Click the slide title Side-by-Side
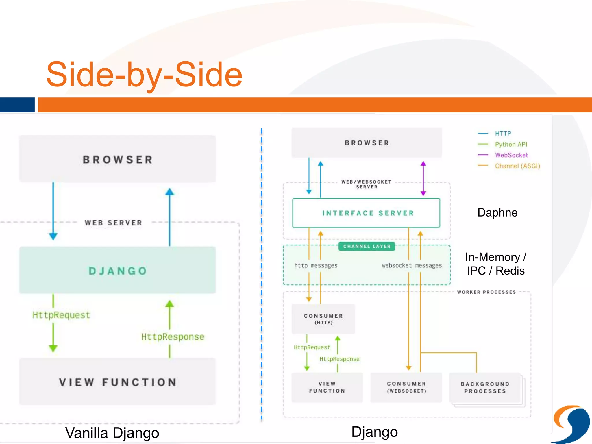point(144,75)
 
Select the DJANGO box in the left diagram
point(117,270)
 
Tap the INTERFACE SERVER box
point(366,213)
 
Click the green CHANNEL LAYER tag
point(367,246)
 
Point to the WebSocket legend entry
point(511,155)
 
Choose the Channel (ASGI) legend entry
point(517,166)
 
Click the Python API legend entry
point(511,144)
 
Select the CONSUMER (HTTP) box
point(323,319)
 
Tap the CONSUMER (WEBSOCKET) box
point(406,387)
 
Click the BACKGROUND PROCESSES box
point(485,388)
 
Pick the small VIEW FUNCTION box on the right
point(327,387)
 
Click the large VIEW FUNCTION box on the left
point(117,382)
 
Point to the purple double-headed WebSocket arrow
point(423,178)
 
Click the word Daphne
point(497,212)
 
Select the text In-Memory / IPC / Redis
point(495,264)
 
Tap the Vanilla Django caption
point(112,433)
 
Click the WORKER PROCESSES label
point(486,292)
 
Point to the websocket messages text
point(412,265)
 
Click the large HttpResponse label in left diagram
point(173,337)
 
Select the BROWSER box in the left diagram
point(117,159)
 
